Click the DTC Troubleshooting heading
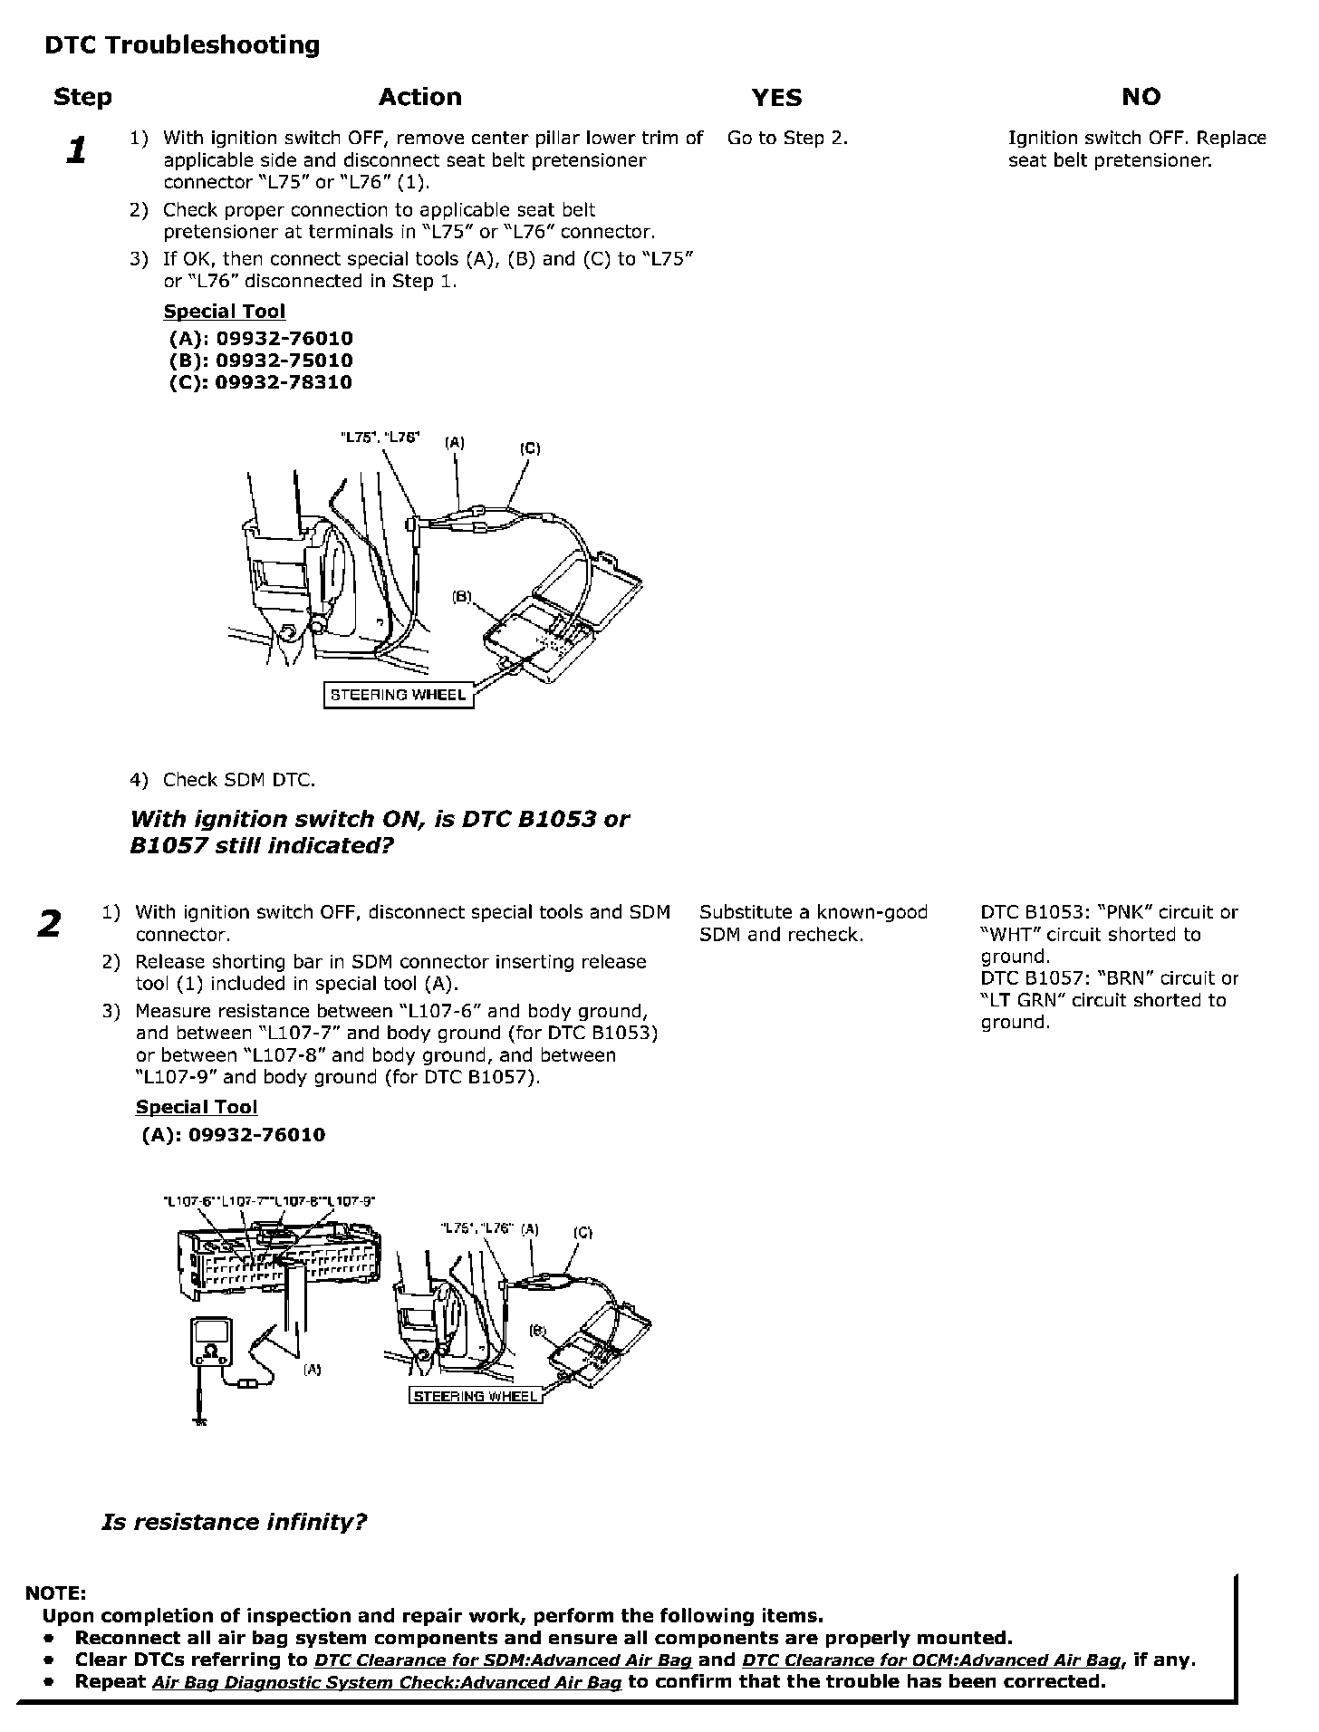click(182, 45)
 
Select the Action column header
click(419, 97)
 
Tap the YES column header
click(776, 98)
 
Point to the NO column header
click(1141, 97)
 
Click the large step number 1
click(77, 150)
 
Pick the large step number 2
click(49, 924)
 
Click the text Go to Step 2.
click(787, 139)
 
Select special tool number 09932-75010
click(261, 361)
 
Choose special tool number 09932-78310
click(261, 382)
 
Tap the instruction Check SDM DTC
click(238, 780)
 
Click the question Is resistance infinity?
click(234, 1522)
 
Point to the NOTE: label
click(55, 1592)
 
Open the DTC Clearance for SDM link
click(503, 1660)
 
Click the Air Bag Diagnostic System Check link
click(387, 1683)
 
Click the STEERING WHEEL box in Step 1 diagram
click(399, 696)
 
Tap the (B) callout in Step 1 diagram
click(462, 597)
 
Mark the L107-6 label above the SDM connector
click(188, 1201)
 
